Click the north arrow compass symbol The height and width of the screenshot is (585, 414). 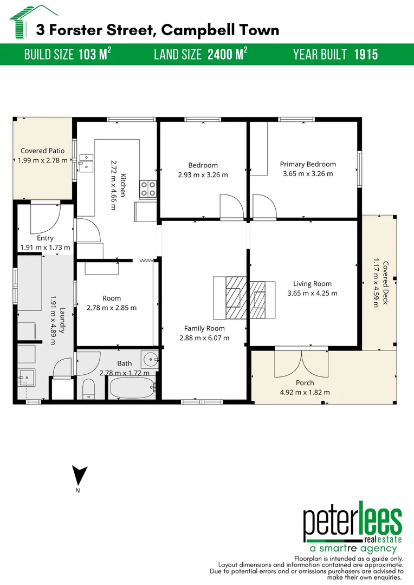pos(80,476)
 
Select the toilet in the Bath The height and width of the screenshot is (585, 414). pos(89,388)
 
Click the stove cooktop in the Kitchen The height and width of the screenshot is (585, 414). pos(148,188)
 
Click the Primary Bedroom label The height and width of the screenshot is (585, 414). pos(308,164)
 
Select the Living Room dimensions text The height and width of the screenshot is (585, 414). pos(312,293)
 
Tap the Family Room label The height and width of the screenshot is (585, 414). pos(204,328)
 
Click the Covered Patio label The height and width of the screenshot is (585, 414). pos(42,151)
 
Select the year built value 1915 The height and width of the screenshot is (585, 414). pos(366,55)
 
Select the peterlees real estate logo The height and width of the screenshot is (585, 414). pos(352,528)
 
